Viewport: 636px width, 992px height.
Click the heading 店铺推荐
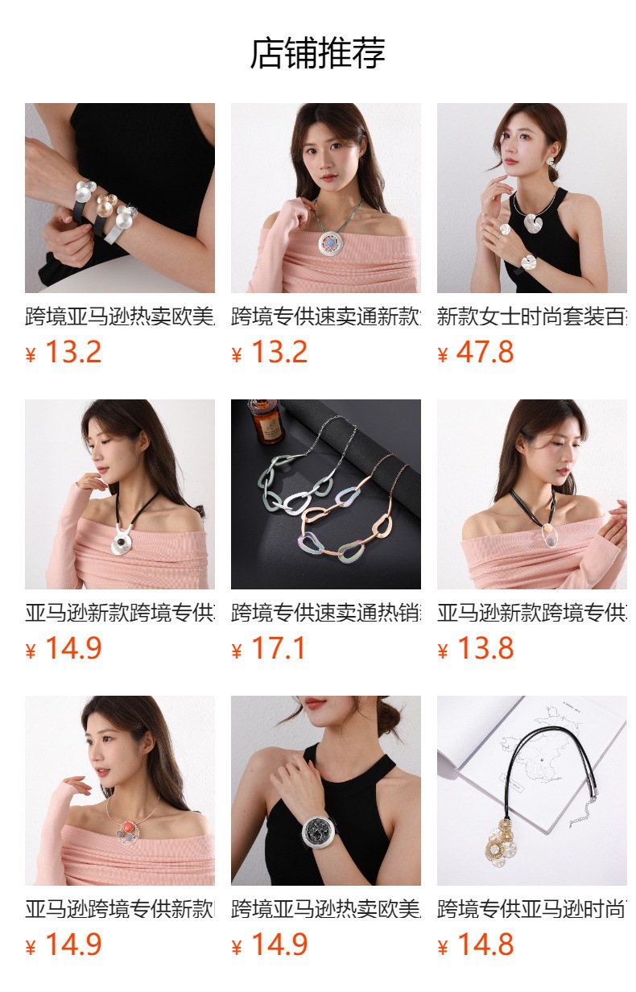(x=317, y=53)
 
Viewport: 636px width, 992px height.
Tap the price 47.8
(x=485, y=353)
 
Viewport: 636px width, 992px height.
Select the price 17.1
(x=279, y=649)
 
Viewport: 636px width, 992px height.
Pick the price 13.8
(x=485, y=649)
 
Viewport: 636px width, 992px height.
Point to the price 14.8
(x=485, y=945)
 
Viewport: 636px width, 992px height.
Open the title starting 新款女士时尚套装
(x=531, y=317)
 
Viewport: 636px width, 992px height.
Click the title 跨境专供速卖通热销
(x=325, y=614)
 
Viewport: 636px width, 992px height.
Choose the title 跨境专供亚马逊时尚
(x=531, y=910)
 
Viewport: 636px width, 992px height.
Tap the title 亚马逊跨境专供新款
(x=119, y=910)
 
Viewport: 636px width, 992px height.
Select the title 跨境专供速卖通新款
(x=325, y=317)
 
